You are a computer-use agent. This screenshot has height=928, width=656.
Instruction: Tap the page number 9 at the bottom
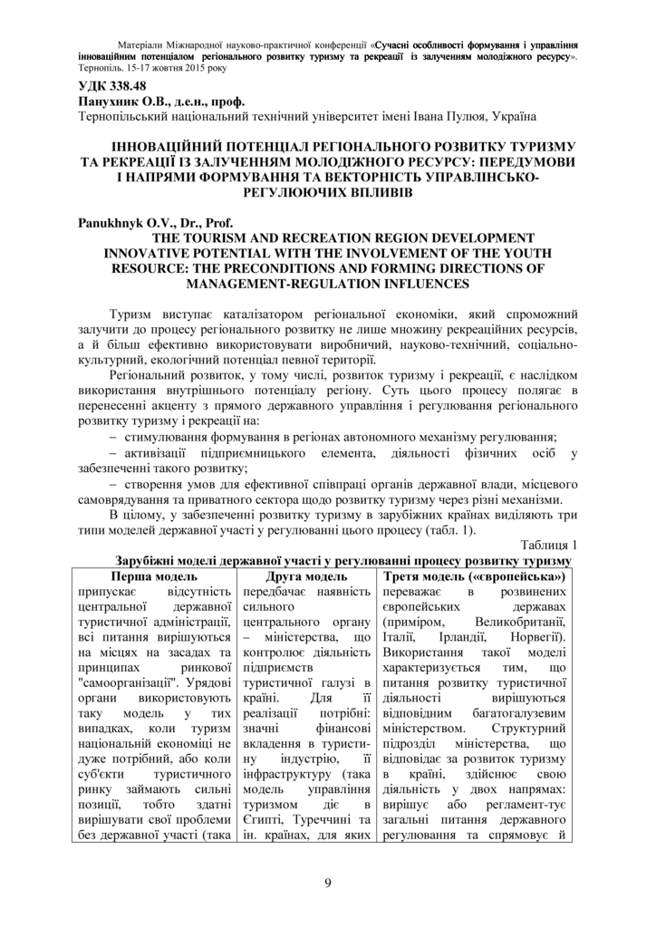(328, 884)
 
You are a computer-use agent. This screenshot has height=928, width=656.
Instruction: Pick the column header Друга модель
(306, 575)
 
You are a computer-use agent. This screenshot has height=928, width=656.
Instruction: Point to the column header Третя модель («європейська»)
(475, 575)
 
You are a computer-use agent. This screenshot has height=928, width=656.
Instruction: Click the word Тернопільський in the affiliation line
(133, 118)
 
